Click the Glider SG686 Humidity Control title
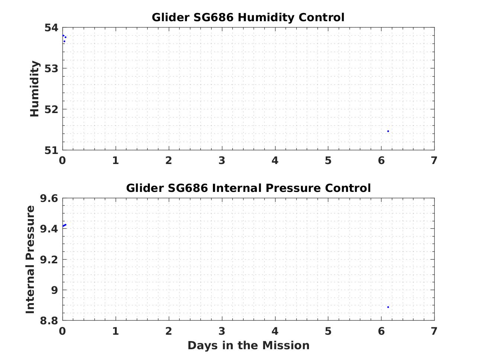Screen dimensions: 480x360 (x=248, y=17)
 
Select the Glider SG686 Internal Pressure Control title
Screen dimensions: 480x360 (x=248, y=188)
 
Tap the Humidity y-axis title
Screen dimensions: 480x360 (x=35, y=89)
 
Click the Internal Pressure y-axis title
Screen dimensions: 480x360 (x=30, y=259)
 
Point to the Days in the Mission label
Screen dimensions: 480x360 (x=248, y=345)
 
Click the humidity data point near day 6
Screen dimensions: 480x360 (x=388, y=131)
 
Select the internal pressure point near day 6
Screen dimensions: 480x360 (x=388, y=307)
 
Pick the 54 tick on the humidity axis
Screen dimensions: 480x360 (x=52, y=28)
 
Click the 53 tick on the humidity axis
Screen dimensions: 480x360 (x=52, y=69)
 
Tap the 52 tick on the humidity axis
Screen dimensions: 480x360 (x=52, y=109)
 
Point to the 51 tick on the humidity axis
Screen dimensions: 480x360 (x=52, y=151)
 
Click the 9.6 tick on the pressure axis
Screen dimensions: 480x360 (x=49, y=198)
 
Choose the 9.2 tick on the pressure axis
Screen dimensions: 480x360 (x=49, y=260)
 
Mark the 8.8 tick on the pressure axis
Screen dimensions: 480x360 (x=49, y=321)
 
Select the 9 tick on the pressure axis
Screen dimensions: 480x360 (x=55, y=290)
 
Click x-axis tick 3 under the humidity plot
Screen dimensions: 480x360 (x=222, y=161)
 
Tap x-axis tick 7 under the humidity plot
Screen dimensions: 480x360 (x=434, y=161)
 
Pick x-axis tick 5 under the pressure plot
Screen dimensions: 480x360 (x=328, y=331)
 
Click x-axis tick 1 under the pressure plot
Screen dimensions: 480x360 (x=116, y=331)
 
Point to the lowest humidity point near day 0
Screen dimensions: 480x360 (x=64, y=41)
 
